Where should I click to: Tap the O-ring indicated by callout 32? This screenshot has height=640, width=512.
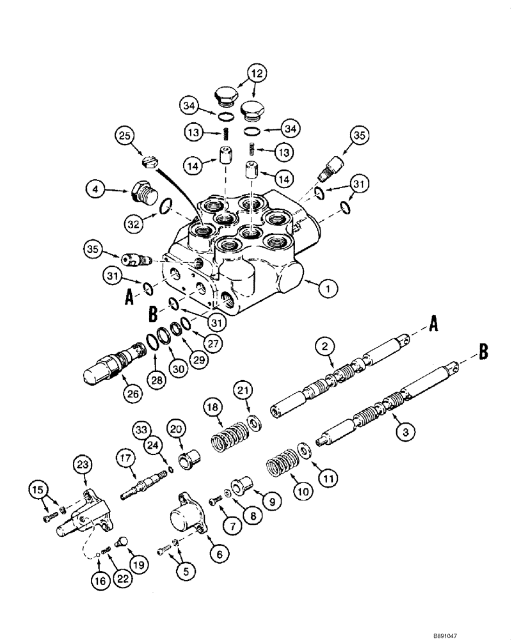[x=165, y=205]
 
